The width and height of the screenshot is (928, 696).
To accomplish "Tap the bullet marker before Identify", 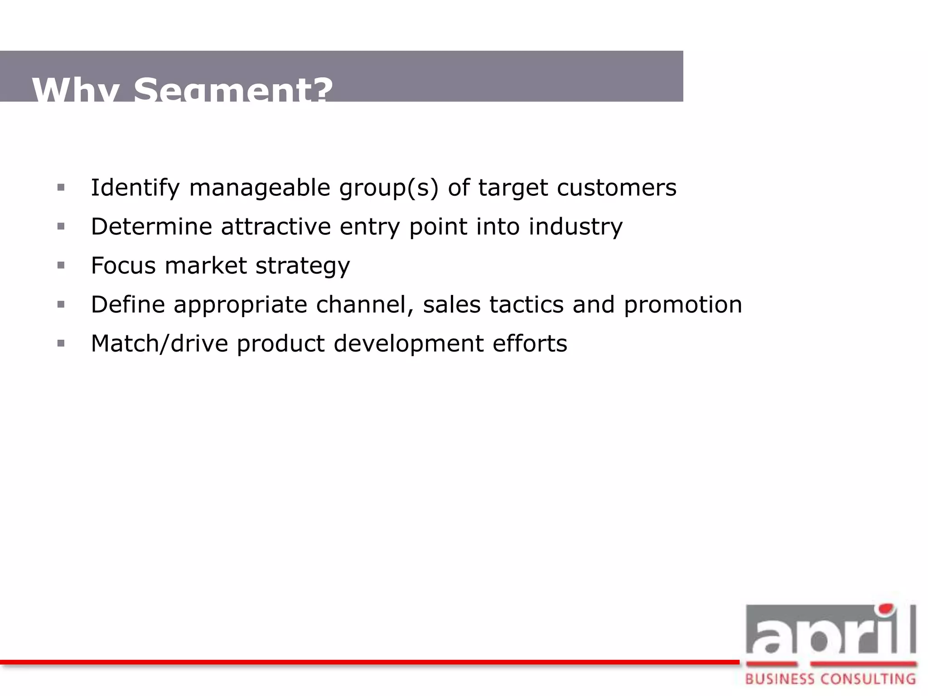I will [61, 187].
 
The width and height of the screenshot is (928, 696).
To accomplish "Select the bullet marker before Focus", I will [61, 265].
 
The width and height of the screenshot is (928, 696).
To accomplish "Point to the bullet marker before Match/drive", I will [61, 343].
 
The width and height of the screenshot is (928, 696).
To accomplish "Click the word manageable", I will [259, 188].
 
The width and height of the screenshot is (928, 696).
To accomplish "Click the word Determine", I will [151, 227].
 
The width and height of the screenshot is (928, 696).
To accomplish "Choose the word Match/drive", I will [159, 343].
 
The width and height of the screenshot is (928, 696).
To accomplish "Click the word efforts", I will [530, 343].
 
